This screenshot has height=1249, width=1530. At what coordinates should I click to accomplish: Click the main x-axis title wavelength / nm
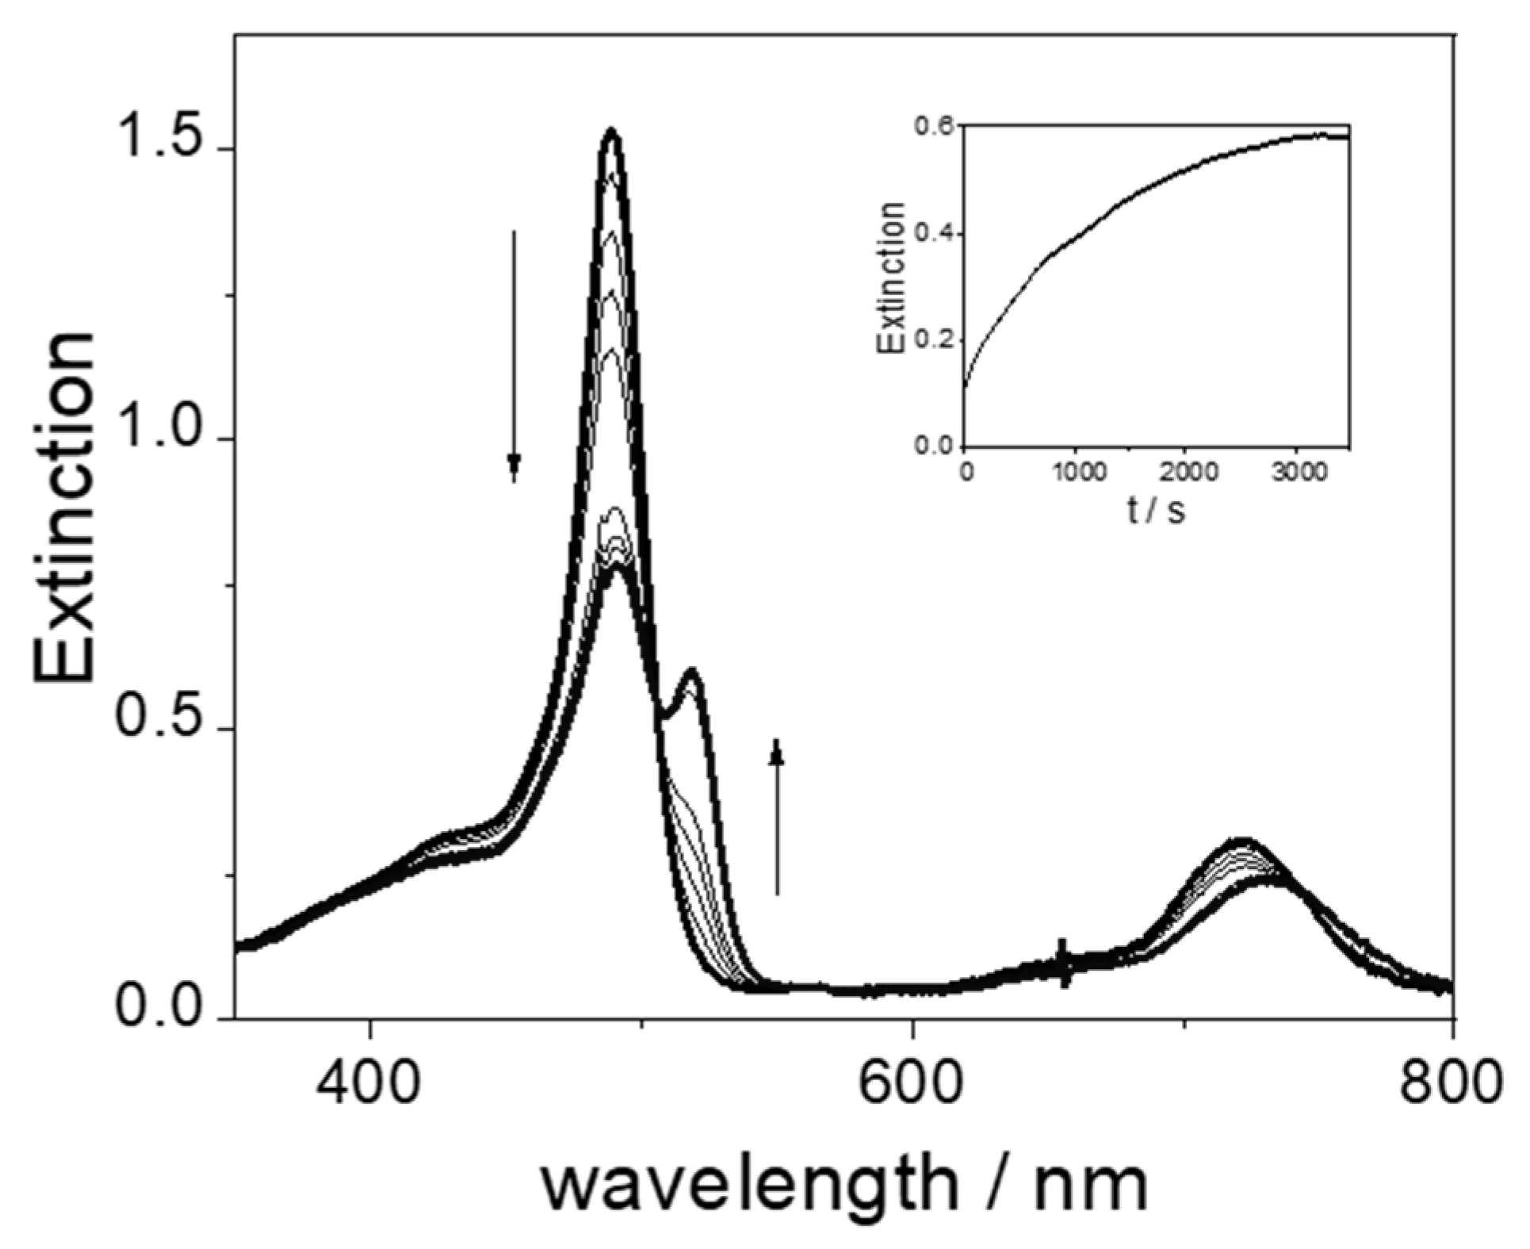tap(844, 1186)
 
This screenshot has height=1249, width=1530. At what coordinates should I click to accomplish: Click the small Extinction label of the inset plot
tap(891, 277)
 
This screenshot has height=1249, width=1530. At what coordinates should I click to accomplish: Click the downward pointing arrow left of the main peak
tap(514, 357)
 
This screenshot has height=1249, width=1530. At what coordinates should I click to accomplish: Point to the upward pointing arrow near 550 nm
tap(777, 817)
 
